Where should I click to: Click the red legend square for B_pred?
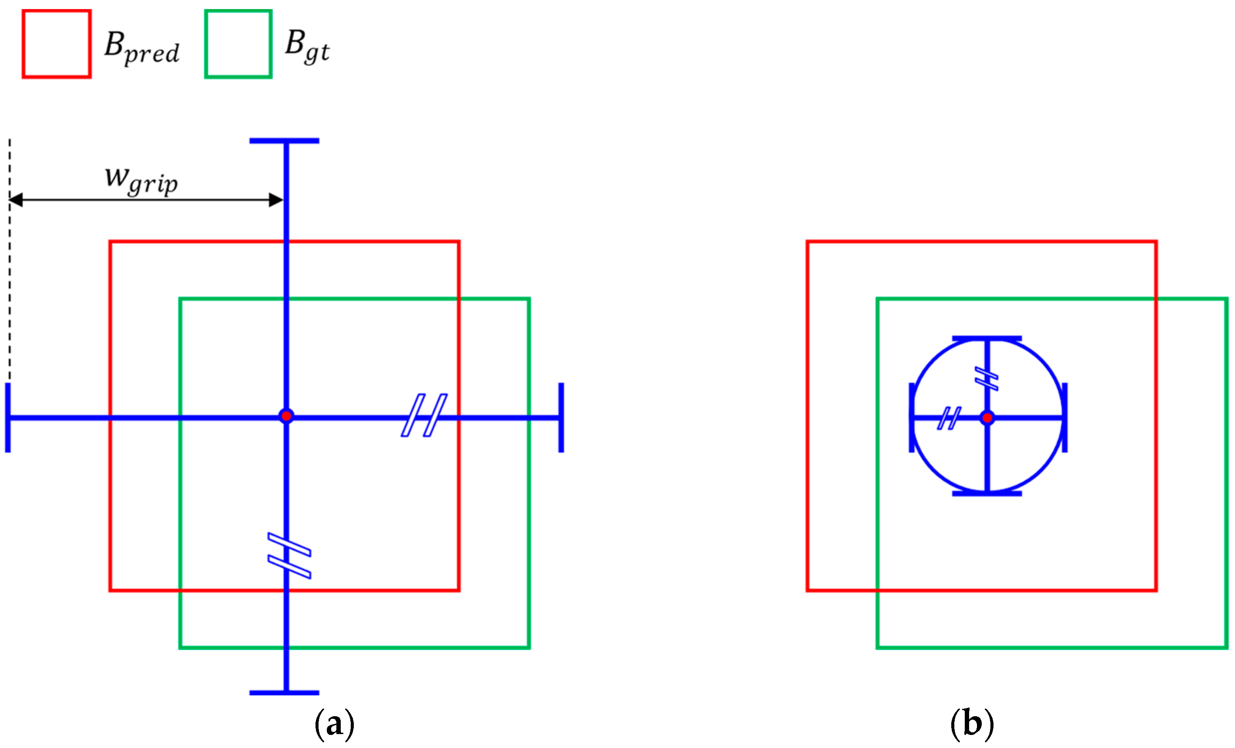(57, 44)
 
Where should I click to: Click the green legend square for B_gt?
(238, 44)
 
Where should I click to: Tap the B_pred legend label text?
(142, 47)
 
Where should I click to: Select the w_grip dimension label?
(141, 179)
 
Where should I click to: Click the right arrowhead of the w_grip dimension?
(276, 200)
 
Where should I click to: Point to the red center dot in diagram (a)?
(286, 416)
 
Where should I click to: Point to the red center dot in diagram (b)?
(987, 418)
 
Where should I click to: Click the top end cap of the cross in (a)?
(284, 141)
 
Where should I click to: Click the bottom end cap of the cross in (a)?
(284, 693)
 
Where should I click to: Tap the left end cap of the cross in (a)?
(8, 418)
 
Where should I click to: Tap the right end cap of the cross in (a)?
(561, 418)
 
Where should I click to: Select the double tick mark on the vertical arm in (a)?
(289, 556)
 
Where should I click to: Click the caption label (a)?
(334, 724)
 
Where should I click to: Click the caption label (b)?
(972, 724)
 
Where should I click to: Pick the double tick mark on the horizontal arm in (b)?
(949, 418)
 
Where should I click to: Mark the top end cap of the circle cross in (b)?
(987, 339)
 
